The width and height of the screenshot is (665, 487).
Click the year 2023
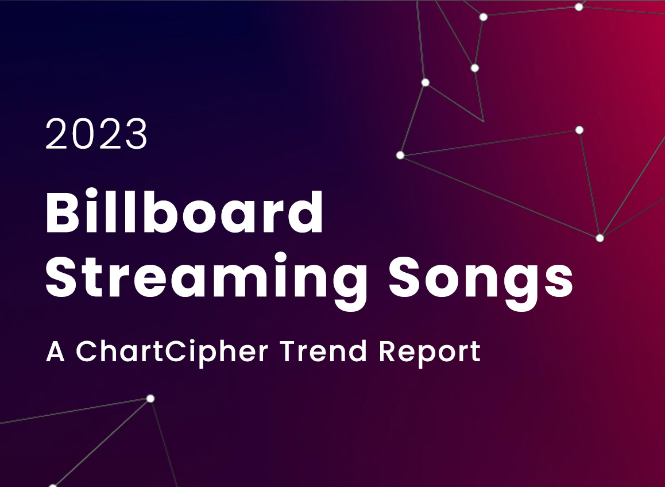point(96,134)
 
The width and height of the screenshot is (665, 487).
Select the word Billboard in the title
point(184,212)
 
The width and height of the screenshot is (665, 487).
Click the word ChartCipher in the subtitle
point(172,351)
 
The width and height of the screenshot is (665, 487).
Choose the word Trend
point(323,351)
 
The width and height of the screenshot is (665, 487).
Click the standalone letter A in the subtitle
point(55,351)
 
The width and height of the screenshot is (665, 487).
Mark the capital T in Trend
point(288,351)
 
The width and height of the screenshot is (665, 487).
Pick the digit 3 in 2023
point(136,134)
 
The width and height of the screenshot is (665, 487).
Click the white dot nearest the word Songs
point(600,238)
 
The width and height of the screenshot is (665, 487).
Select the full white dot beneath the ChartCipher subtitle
point(150,399)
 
